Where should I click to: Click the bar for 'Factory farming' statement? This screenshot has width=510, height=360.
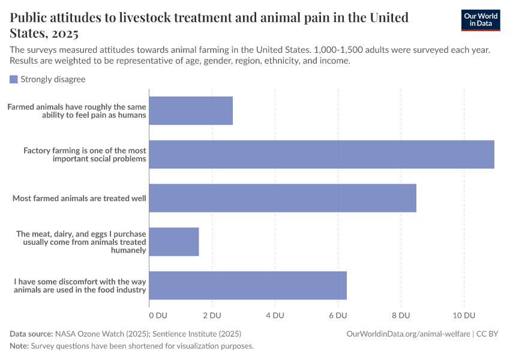[322, 154]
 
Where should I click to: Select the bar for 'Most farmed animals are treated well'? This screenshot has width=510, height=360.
[283, 198]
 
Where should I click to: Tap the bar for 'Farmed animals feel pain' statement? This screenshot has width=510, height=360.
[191, 110]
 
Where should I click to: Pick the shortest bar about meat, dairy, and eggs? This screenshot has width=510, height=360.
[174, 242]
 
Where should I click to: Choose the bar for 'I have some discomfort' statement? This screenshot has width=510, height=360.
[248, 286]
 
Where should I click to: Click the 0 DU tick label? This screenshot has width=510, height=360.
[157, 316]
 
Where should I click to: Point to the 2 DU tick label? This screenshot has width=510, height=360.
[212, 316]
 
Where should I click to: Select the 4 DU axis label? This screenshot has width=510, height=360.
[275, 316]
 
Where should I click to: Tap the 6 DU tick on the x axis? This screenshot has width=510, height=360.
[338, 316]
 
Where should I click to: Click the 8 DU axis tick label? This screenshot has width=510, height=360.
[401, 316]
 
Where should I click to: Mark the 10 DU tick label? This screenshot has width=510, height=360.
[463, 316]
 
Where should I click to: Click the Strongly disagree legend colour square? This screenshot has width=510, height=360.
[14, 79]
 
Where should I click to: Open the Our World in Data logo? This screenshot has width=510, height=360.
[480, 20]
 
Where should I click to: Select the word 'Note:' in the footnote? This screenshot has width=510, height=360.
[19, 346]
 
